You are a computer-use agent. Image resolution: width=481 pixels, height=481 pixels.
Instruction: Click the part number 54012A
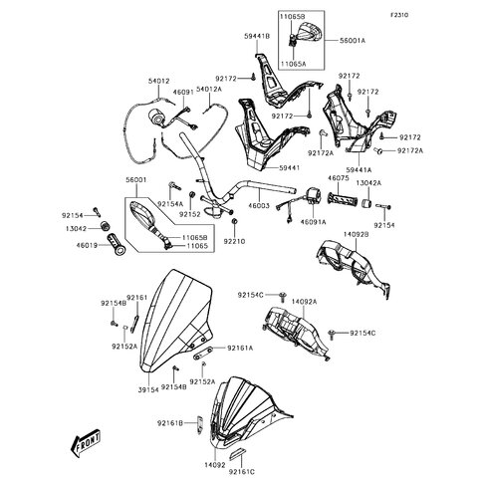pyautogui.click(x=209, y=90)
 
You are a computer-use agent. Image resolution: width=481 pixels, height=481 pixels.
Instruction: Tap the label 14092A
pyautogui.click(x=304, y=300)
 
